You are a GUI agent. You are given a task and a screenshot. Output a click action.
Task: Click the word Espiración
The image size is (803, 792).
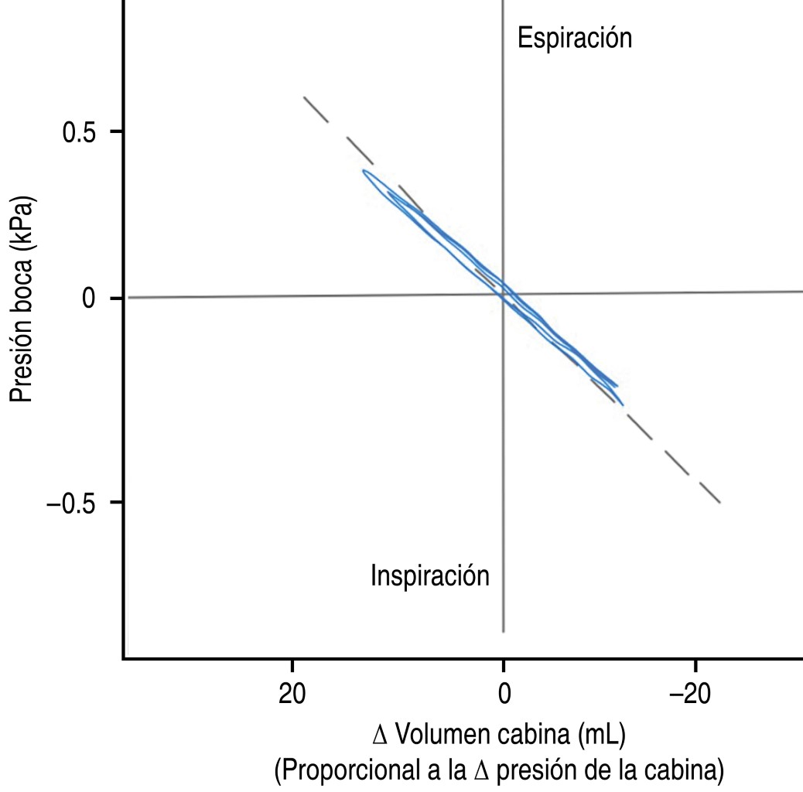click(574, 38)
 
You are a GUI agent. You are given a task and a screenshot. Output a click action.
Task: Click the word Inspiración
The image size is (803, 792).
click(429, 576)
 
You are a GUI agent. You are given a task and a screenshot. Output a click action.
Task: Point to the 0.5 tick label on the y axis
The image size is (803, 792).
click(79, 131)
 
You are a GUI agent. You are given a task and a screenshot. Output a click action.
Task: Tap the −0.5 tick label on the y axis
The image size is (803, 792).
click(73, 502)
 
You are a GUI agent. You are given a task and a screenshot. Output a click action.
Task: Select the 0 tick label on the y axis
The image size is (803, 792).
click(88, 299)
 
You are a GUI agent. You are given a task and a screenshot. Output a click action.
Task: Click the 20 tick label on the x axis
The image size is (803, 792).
click(292, 694)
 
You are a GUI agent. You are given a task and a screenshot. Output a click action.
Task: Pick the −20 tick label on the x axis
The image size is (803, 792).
click(695, 694)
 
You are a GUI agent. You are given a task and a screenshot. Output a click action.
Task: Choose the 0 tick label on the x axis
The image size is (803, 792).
click(504, 694)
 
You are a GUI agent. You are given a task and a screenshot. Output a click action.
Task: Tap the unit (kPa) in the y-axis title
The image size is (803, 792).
click(22, 216)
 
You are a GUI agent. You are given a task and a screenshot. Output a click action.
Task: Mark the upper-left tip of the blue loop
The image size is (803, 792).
click(364, 172)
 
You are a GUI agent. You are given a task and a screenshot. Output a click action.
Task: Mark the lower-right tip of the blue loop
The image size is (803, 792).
click(622, 404)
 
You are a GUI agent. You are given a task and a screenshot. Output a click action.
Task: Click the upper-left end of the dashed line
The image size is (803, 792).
click(304, 97)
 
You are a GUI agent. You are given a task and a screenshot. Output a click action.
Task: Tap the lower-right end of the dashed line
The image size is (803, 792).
click(720, 503)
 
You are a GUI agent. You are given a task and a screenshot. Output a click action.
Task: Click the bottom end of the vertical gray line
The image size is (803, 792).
click(504, 632)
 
